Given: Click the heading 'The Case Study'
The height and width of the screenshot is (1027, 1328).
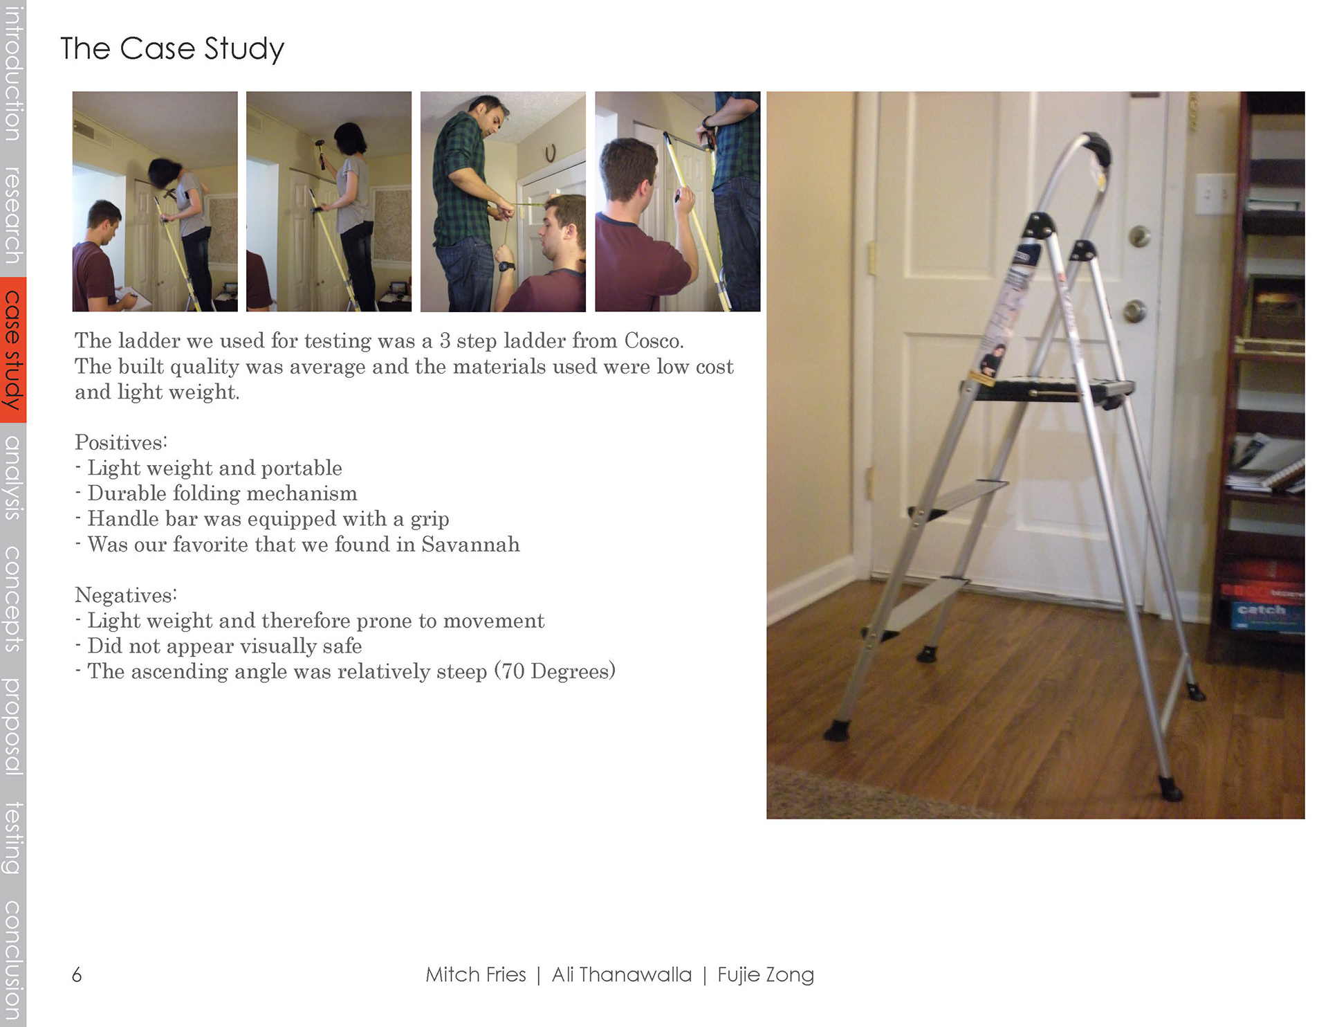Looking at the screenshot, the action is (x=172, y=49).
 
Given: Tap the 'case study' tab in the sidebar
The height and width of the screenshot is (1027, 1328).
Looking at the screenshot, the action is (x=12, y=349).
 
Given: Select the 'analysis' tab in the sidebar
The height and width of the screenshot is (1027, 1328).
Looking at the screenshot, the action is (x=12, y=478).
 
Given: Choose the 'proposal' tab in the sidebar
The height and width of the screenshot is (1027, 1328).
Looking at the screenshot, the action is (x=12, y=727).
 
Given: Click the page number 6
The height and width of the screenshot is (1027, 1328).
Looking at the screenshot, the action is (x=77, y=975).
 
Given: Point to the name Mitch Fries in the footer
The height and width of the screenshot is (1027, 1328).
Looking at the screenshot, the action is (x=475, y=974).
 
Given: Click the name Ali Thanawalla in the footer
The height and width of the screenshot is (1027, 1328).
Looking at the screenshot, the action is (x=621, y=974).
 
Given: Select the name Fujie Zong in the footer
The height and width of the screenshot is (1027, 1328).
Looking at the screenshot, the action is (x=766, y=975).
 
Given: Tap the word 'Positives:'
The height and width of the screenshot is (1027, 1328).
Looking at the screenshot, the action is (x=121, y=442).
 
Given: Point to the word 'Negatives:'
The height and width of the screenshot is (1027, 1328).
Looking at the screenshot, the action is (x=126, y=595).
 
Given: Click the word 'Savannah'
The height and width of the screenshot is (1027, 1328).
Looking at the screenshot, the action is (x=470, y=545).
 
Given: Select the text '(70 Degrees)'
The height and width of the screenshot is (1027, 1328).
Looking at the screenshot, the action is (x=555, y=671).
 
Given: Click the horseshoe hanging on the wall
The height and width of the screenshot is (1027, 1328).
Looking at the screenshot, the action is (x=551, y=153).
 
